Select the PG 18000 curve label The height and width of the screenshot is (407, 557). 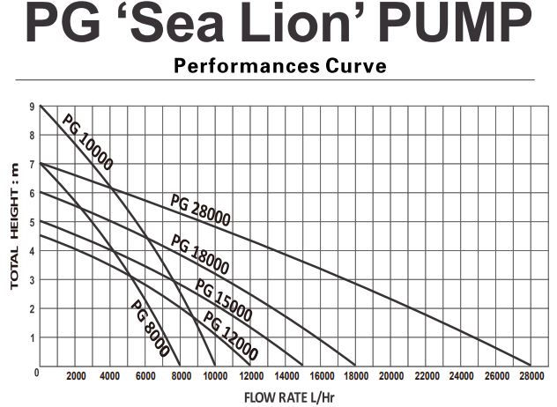tap(200, 255)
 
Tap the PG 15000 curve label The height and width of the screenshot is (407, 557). tap(224, 300)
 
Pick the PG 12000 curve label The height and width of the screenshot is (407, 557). tap(231, 336)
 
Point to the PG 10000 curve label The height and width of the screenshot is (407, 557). tap(87, 141)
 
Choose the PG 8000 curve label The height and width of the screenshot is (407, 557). tap(150, 329)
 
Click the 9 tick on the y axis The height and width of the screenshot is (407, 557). tap(31, 107)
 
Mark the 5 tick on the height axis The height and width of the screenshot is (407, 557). tap(31, 222)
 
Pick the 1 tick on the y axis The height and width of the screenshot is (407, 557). tap(31, 337)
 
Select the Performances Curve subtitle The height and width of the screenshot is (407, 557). tap(279, 66)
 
